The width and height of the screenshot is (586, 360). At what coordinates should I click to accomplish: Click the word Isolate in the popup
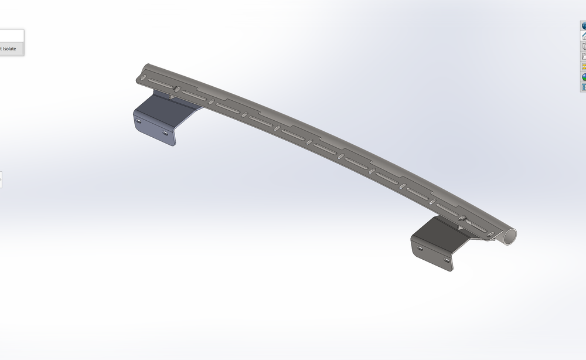tap(9, 49)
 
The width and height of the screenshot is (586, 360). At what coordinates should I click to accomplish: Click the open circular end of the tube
tap(510, 236)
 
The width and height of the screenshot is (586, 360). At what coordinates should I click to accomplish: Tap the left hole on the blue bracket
tap(139, 120)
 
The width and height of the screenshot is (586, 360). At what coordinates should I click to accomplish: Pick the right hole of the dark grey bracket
tap(447, 259)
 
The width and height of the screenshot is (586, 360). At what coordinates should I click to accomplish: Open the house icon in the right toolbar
tap(584, 36)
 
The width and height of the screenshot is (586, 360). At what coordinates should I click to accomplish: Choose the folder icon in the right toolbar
tap(584, 56)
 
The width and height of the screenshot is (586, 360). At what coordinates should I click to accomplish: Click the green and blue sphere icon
tap(584, 77)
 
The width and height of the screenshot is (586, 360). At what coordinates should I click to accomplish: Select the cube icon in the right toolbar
tap(584, 46)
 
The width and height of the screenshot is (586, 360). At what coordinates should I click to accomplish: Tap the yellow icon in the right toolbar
tap(584, 66)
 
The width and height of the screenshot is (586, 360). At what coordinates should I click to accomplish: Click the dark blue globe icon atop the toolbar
tap(584, 26)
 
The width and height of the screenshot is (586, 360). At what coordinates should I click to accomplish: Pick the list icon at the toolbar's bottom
tap(584, 87)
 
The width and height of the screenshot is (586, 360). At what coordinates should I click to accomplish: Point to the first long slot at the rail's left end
tap(159, 83)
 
